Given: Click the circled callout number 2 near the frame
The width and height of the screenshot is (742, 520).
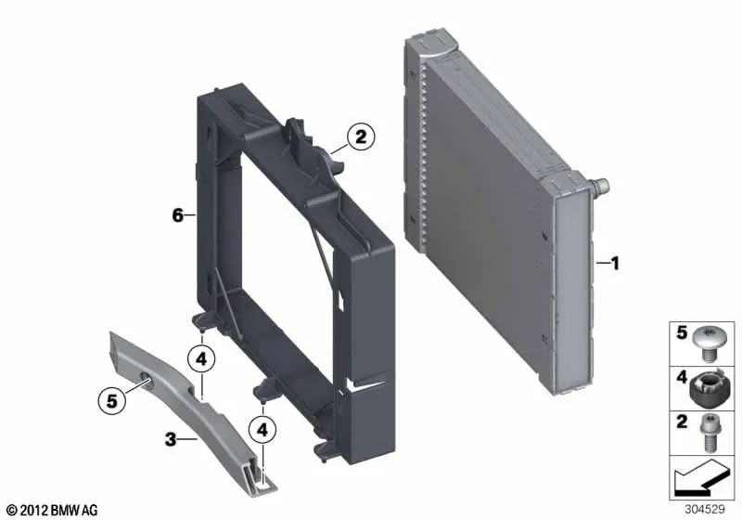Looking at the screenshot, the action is coord(361,136).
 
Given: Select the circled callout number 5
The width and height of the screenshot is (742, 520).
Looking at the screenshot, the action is coord(111,401).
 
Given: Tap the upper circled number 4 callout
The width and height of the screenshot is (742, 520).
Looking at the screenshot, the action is coord(201,359).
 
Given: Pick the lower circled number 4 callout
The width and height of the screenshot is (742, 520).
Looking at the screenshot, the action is coord(262,430).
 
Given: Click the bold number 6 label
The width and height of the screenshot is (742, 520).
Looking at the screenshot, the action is coord(177,215).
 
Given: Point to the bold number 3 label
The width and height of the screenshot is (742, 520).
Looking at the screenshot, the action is coord(171,439).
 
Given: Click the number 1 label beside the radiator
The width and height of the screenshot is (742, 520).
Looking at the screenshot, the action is coord(615,264).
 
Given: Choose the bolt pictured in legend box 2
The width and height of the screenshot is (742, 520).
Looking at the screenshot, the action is coord(708,432).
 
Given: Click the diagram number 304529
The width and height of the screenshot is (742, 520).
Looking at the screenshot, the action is coord(705,509).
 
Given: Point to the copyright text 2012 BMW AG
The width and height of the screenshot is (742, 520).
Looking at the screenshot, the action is coord(53,510).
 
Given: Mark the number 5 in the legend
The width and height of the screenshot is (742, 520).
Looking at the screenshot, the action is coord(682,332).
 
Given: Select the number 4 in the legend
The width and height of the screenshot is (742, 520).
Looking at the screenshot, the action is coord(682,377).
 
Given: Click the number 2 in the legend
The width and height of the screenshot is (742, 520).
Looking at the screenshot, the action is coord(682,421).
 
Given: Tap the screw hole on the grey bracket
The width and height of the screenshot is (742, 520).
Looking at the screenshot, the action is coord(147,380).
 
